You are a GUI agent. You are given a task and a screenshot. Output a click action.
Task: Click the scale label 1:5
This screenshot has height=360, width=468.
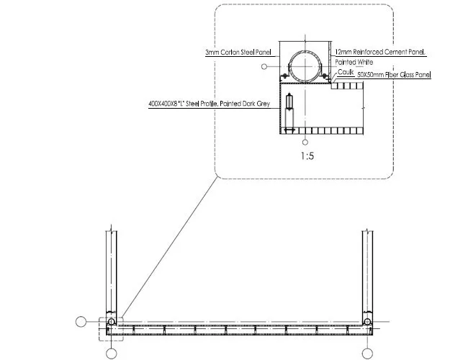point(307,156)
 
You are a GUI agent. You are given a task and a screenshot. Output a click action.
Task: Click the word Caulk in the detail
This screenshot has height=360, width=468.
point(346,72)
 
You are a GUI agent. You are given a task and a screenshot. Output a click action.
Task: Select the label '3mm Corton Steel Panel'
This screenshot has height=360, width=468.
point(238,53)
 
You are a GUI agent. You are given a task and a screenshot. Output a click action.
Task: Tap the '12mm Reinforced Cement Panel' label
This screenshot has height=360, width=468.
point(380,52)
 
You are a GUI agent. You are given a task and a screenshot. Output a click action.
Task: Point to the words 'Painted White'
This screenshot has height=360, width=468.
point(354,62)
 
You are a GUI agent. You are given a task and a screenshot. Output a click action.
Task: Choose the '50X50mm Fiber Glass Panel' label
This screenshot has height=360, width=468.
point(394,75)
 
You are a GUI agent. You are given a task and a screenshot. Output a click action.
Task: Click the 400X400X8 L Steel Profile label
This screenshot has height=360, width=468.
point(210,104)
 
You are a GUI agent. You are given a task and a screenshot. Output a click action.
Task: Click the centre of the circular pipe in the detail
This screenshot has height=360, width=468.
point(305,66)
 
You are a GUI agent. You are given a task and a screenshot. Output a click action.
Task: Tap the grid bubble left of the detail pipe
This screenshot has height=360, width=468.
point(264,66)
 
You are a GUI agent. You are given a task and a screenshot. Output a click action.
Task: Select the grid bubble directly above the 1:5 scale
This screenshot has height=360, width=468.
point(305,142)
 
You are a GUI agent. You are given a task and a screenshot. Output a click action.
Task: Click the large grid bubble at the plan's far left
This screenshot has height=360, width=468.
point(81,322)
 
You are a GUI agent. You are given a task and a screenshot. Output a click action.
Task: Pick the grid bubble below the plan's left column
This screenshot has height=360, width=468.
point(112,354)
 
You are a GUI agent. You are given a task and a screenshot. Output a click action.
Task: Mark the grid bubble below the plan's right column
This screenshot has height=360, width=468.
point(367,354)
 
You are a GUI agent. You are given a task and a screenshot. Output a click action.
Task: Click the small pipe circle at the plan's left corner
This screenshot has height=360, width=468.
point(112,322)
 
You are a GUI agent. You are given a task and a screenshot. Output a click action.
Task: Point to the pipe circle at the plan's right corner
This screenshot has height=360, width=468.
point(367,322)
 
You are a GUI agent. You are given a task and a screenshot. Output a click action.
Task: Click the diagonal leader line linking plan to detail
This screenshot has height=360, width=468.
point(169,247)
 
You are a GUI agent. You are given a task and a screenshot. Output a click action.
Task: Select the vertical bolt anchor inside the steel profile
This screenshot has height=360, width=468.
point(289,113)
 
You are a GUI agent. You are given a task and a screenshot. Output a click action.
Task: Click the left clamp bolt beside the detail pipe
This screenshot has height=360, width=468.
point(285,76)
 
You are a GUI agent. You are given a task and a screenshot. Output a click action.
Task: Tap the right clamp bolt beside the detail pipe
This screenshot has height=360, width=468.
point(325,76)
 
